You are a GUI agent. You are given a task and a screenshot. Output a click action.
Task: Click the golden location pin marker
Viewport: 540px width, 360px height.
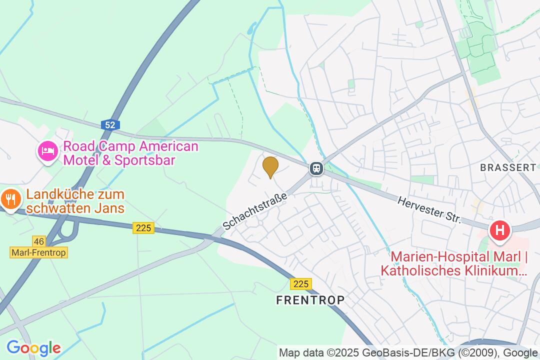pyautogui.click(x=270, y=166)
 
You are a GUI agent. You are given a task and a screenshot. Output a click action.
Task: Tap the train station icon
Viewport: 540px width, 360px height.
pyautogui.click(x=316, y=168)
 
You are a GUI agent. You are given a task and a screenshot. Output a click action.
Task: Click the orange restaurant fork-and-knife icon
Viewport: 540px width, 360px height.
pyautogui.click(x=10, y=200)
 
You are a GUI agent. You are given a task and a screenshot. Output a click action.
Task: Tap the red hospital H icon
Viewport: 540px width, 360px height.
pyautogui.click(x=499, y=230)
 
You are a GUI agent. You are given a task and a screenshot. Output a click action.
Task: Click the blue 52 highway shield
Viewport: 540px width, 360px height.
pyautogui.click(x=110, y=124)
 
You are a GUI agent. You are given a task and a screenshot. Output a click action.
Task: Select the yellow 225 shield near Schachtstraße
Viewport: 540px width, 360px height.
pyautogui.click(x=143, y=228)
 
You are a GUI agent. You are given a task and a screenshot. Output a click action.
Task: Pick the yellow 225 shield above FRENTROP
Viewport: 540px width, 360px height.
pyautogui.click(x=301, y=284)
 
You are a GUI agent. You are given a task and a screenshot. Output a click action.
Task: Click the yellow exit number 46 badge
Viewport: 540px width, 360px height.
pyautogui.click(x=38, y=241)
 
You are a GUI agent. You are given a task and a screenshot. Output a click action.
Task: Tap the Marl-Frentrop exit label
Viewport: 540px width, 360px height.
pyautogui.click(x=38, y=252)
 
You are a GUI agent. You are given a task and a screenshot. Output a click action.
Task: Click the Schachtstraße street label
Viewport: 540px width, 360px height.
pyautogui.click(x=255, y=211)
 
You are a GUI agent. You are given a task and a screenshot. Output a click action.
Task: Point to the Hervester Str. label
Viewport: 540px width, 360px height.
pyautogui.click(x=429, y=210)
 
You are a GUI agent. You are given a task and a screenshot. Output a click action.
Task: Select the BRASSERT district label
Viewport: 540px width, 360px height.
pyautogui.click(x=508, y=167)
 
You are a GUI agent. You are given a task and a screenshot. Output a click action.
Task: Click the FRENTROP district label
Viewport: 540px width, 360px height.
pyautogui.click(x=310, y=300)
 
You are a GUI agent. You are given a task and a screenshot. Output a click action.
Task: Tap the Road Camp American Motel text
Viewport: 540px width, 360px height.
pyautogui.click(x=130, y=147)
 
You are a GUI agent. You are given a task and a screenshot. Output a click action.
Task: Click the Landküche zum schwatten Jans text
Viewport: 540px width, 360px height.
pyautogui.click(x=75, y=200)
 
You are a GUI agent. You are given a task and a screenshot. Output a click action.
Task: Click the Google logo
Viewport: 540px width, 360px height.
pyautogui.click(x=33, y=348)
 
